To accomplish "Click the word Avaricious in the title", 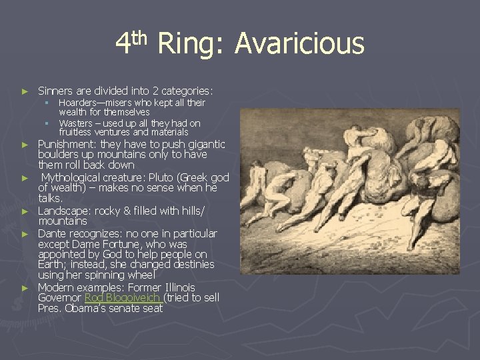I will pos(299,45).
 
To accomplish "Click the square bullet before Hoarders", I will pos(47,103).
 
